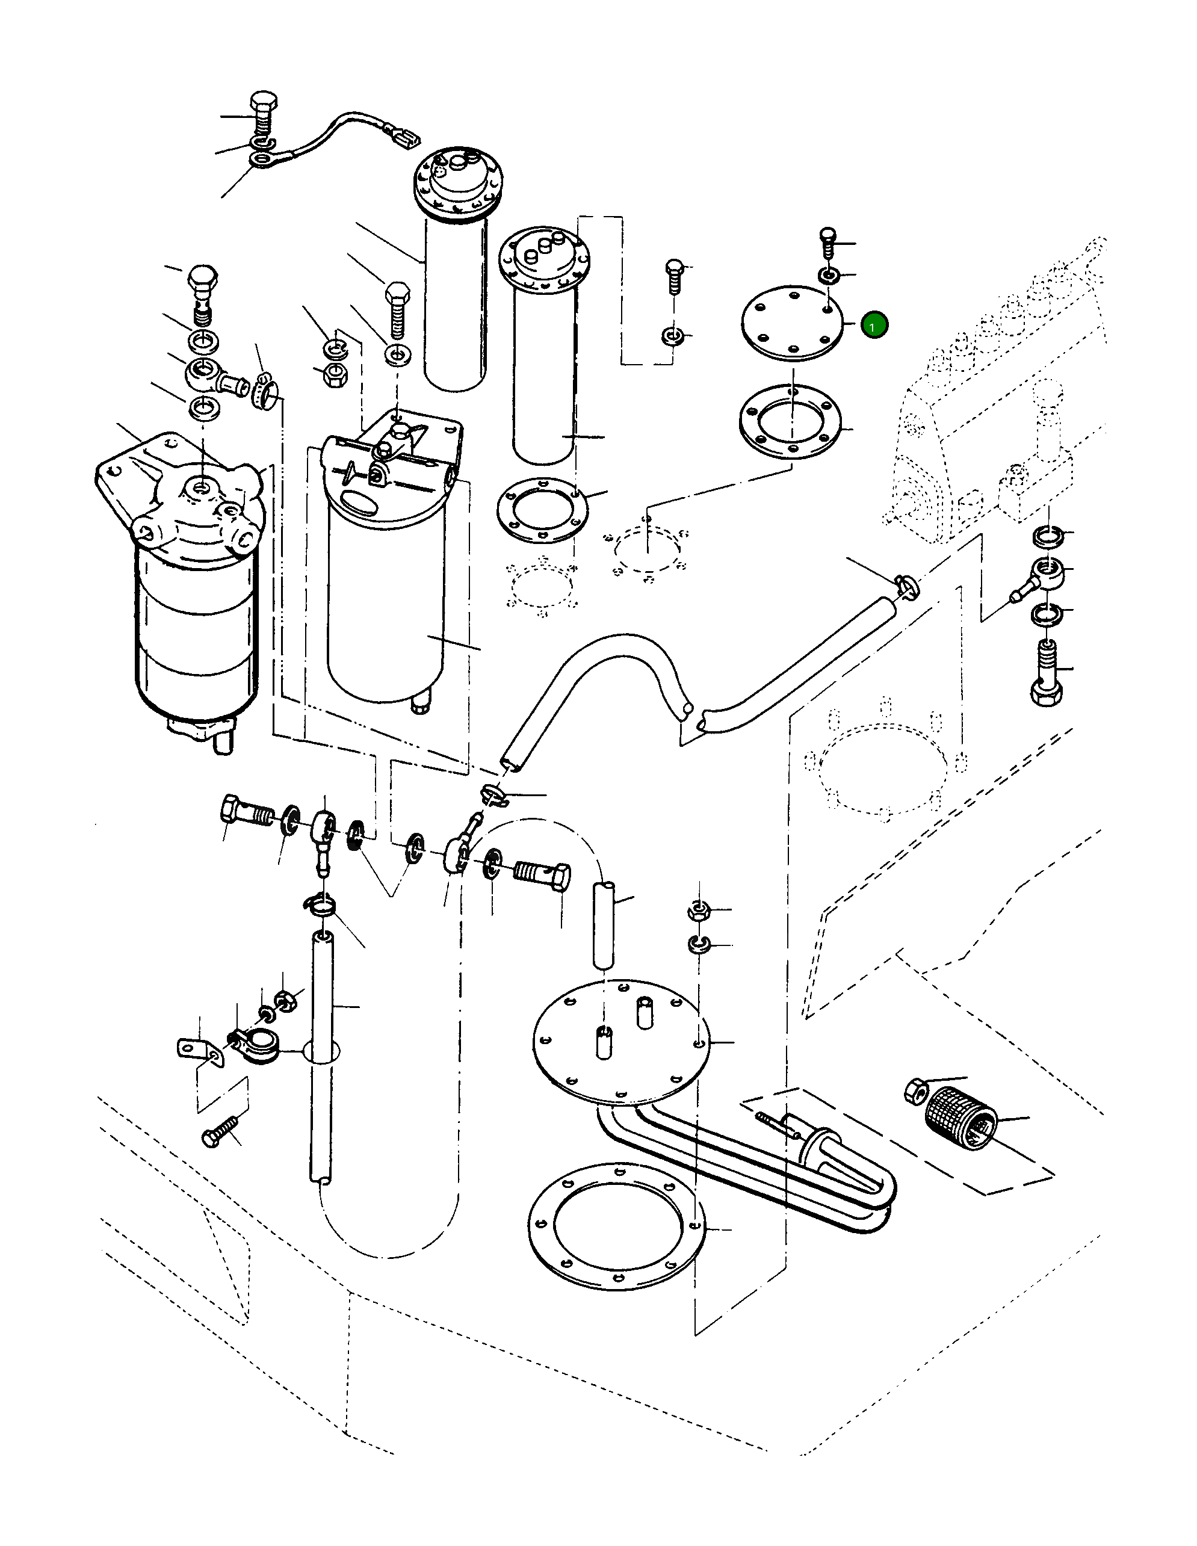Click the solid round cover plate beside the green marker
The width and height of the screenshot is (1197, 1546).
(x=792, y=323)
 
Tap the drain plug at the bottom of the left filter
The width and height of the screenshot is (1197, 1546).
(x=221, y=740)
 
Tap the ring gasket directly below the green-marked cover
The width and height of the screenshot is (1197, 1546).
(x=790, y=422)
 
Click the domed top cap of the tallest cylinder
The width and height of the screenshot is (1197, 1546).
(x=457, y=181)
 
